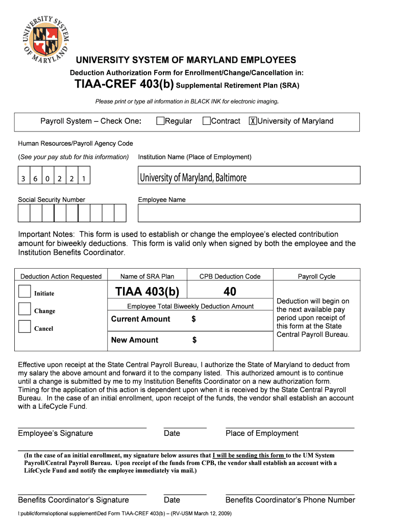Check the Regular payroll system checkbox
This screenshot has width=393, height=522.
[x=160, y=121]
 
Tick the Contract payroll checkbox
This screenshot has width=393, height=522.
[x=206, y=121]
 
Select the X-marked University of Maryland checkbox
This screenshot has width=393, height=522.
[x=253, y=121]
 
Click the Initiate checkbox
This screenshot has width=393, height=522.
[x=24, y=291]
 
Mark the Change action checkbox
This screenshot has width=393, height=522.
[x=24, y=309]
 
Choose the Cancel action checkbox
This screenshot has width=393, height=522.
[x=24, y=326]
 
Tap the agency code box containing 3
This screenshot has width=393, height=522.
[x=23, y=179]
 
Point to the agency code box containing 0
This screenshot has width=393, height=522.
[x=47, y=179]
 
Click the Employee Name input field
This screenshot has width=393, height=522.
[x=249, y=213]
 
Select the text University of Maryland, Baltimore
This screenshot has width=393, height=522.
[x=193, y=177]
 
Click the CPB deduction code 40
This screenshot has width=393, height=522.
[x=230, y=292]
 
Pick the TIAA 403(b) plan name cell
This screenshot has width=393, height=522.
[x=148, y=292]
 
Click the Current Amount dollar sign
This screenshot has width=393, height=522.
[x=193, y=319]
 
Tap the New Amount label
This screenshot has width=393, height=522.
[x=135, y=340]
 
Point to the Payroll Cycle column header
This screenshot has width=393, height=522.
[x=316, y=276]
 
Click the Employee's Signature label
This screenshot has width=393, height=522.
[x=56, y=433]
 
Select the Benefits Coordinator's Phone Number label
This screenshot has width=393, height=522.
[x=290, y=500]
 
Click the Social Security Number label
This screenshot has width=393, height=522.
[x=52, y=200]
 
